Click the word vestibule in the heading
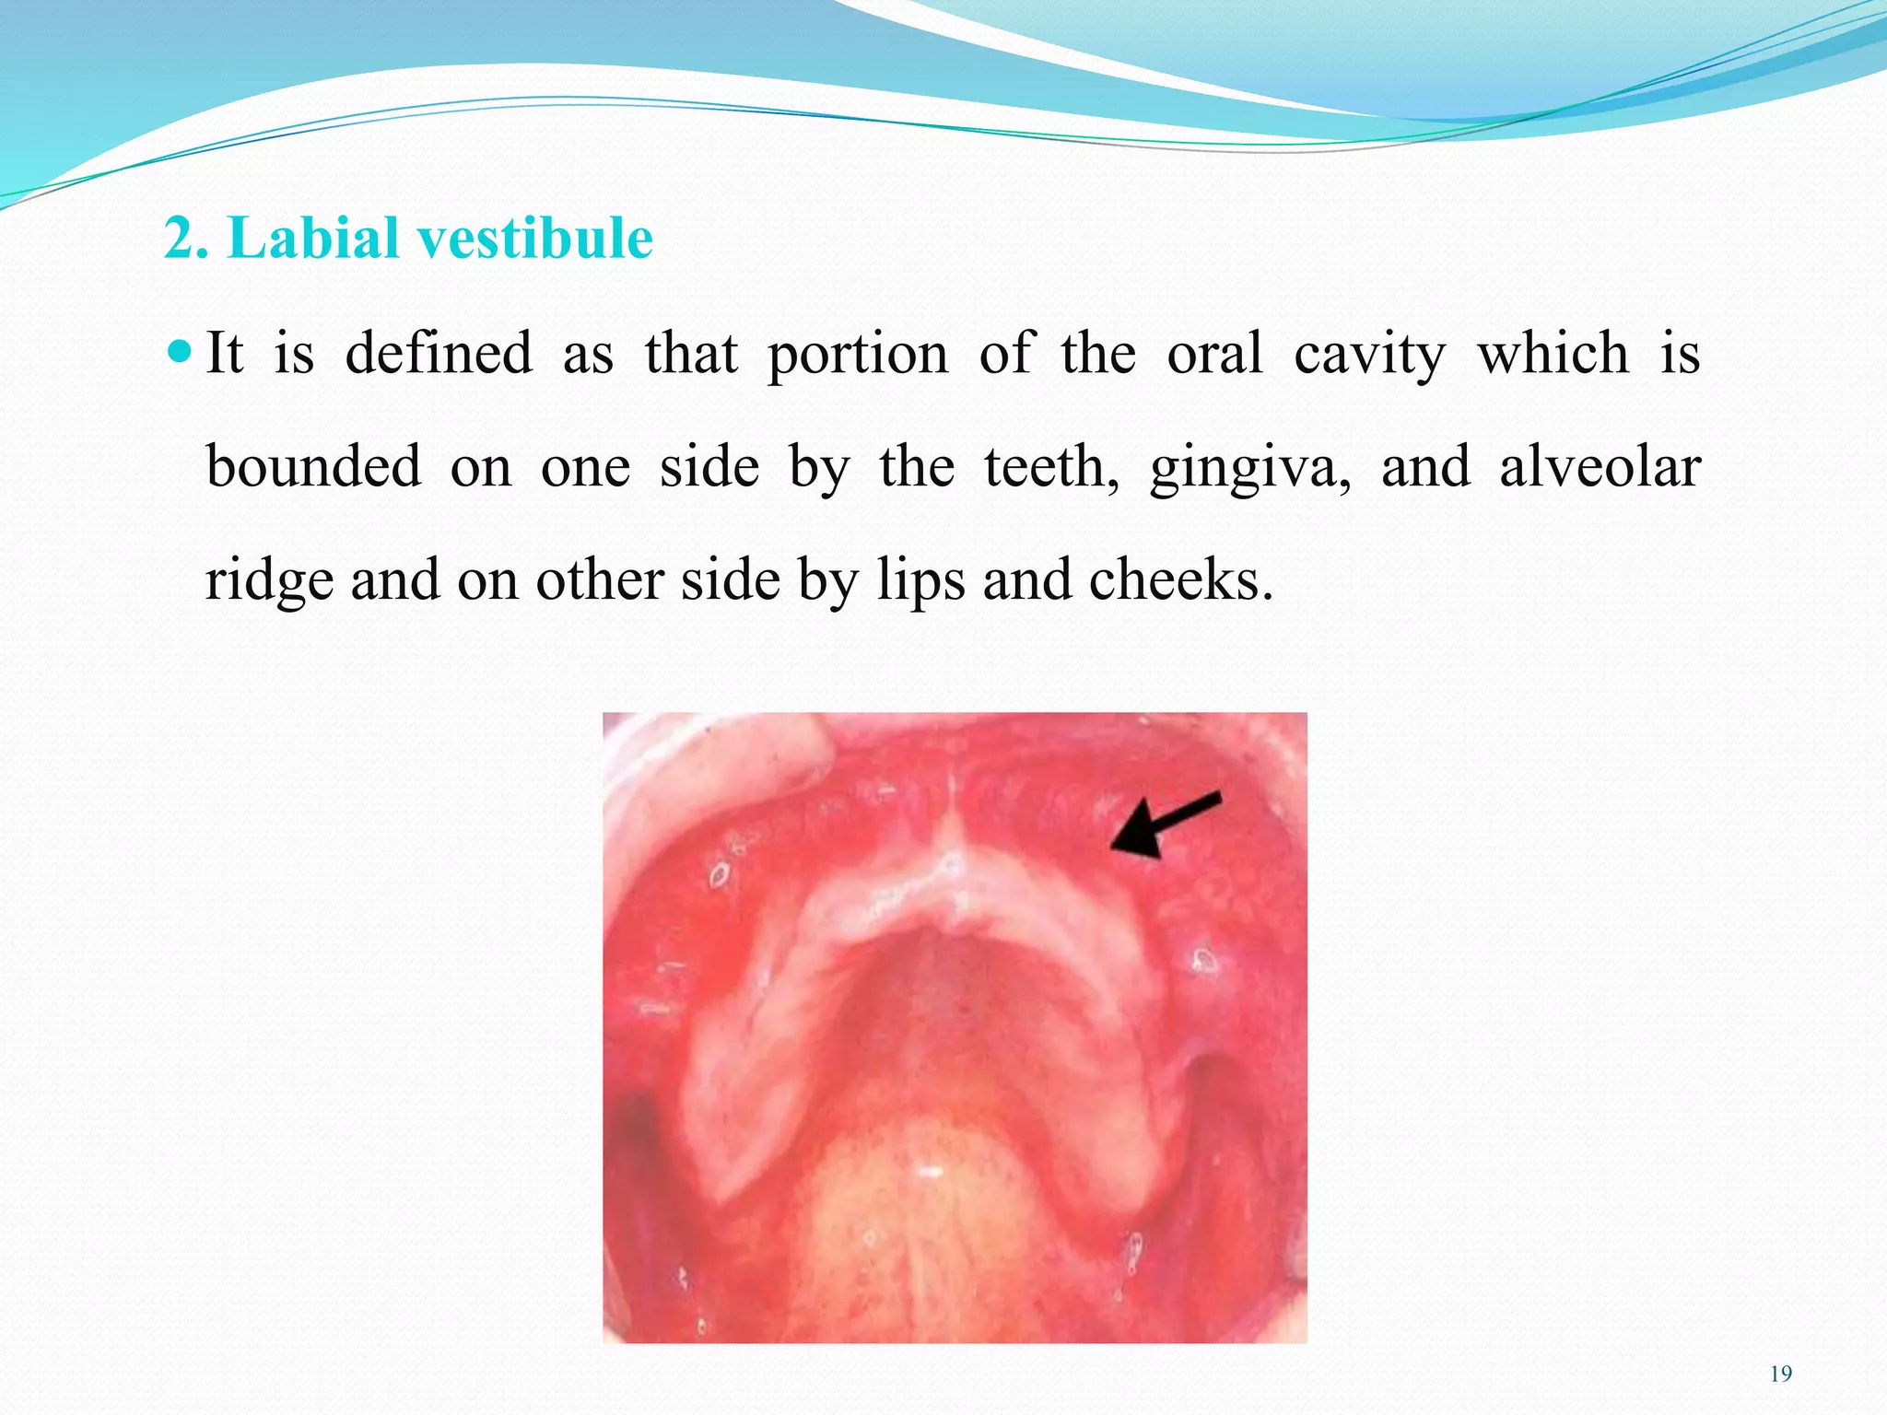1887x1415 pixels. tap(535, 238)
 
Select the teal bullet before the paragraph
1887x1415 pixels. tap(181, 351)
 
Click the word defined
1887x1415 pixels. tap(439, 353)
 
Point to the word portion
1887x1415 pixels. tap(858, 355)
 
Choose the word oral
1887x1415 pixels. tap(1214, 353)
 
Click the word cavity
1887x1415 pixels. tap(1370, 355)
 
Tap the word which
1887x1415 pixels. tap(1553, 353)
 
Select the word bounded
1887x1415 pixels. tap(313, 466)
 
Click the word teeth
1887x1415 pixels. tap(1051, 466)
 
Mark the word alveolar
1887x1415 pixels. tap(1600, 466)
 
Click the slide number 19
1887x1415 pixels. tap(1781, 1374)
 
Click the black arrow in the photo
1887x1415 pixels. tap(1163, 825)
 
